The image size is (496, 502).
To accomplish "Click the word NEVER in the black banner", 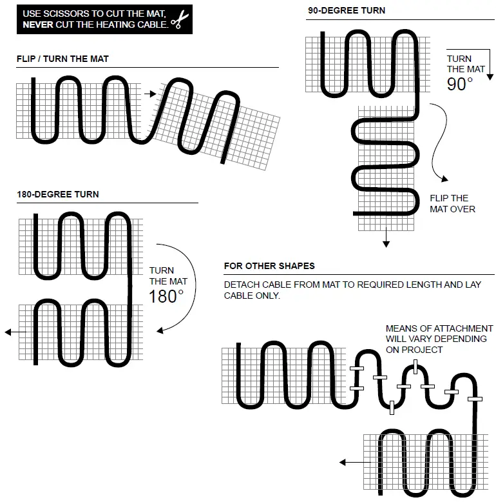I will (38, 25).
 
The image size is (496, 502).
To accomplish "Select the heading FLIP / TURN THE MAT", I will (62, 59).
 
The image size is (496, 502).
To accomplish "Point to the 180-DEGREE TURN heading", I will (58, 194).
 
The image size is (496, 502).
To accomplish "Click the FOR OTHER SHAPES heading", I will (269, 266).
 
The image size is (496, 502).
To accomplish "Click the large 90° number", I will (459, 84).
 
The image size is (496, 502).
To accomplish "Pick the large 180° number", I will (166, 296).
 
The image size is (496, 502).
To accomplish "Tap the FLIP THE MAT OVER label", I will (452, 203).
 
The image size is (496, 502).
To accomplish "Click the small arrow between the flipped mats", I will (151, 94).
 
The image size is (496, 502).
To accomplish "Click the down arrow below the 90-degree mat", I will (386, 243).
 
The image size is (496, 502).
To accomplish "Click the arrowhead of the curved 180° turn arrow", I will (160, 330).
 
